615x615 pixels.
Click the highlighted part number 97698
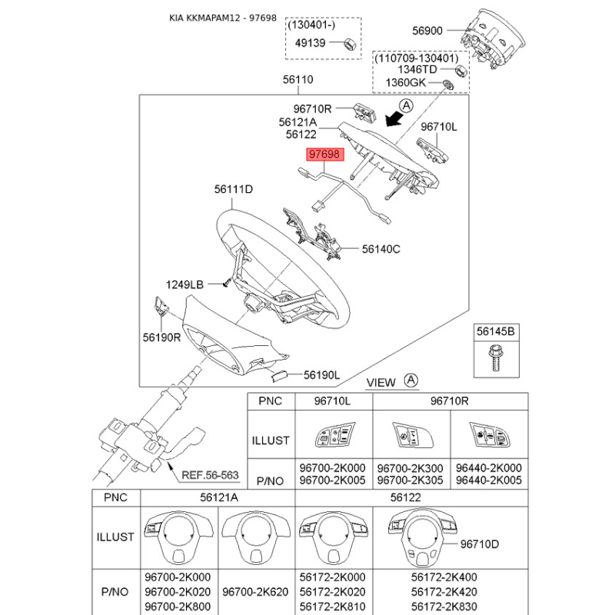coord(324,155)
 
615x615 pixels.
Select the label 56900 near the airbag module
coord(427,32)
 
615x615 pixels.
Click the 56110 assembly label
coord(298,79)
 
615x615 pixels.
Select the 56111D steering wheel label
coord(234,188)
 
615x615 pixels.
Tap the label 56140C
coord(381,249)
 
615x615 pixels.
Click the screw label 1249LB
coord(184,284)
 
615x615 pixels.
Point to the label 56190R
coord(161,336)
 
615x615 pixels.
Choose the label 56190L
coord(321,375)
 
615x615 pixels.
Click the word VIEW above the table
coord(381,382)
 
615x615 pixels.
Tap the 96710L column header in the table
coord(334,401)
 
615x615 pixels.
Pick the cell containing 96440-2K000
coord(489,467)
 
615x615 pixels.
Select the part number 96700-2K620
coord(254,591)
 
